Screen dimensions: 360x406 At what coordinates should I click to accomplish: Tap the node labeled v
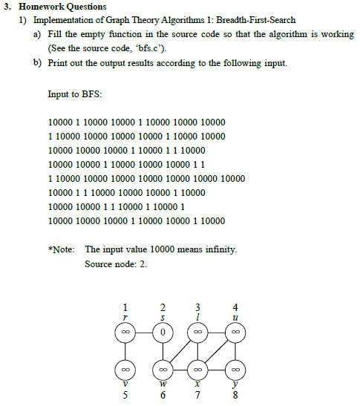(x=126, y=367)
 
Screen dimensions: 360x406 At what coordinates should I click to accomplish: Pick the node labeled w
(x=163, y=367)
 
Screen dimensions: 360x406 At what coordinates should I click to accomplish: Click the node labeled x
(x=198, y=367)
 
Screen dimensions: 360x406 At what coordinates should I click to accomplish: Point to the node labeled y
(x=235, y=367)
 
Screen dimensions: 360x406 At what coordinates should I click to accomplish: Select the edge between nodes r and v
(x=126, y=350)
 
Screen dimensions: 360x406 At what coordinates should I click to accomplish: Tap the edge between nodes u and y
(x=235, y=350)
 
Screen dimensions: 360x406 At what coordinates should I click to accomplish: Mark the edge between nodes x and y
(x=217, y=367)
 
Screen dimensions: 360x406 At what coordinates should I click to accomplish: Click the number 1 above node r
(x=125, y=307)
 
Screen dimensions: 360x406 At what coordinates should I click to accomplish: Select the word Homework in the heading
(x=39, y=7)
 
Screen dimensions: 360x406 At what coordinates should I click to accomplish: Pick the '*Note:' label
(x=60, y=249)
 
